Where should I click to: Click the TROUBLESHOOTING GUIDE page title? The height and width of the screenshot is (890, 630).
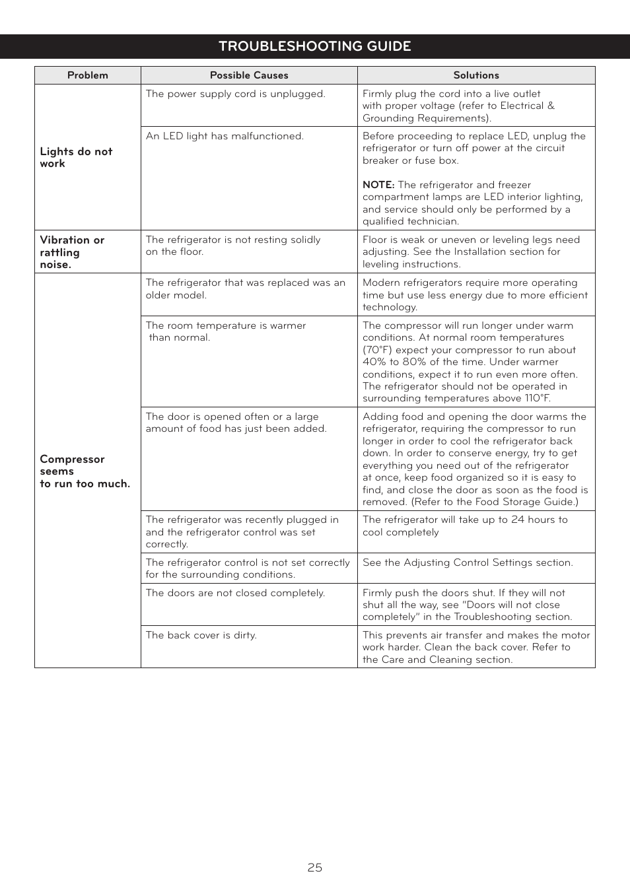point(314,46)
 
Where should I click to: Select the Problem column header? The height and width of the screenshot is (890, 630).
point(87,75)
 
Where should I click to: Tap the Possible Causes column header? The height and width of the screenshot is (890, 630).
point(249,75)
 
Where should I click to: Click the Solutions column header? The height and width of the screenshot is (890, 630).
point(475,75)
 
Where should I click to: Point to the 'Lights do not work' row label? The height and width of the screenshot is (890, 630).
point(75,157)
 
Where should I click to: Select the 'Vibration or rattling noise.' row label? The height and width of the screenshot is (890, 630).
point(71,252)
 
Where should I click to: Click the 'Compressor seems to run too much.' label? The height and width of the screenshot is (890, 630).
point(84,471)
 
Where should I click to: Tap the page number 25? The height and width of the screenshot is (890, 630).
point(314,868)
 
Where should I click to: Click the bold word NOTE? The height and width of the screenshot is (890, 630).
point(378,185)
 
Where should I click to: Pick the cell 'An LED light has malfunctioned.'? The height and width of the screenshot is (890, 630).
point(224,136)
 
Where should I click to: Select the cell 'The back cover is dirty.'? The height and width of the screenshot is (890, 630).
point(201,635)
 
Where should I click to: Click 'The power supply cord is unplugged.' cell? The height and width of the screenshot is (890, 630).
point(235,94)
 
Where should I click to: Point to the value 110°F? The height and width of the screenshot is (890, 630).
point(537,398)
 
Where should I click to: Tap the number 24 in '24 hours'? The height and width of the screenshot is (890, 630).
point(517,520)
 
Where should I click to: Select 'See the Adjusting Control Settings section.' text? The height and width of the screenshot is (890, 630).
point(467,563)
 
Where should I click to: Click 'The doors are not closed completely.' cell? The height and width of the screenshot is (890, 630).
point(235,593)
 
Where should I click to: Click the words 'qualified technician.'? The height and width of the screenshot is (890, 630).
point(410,221)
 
